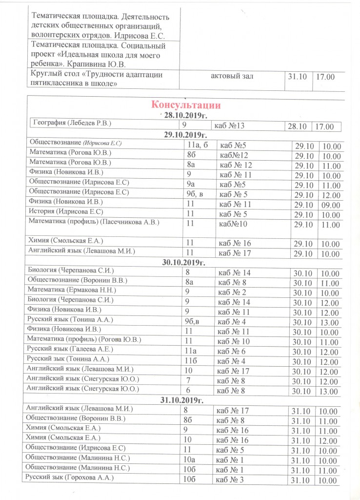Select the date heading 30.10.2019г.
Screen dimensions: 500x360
pyautogui.click(x=181, y=262)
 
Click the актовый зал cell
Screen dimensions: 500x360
pyautogui.click(x=232, y=76)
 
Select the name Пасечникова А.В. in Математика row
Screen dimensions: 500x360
pyautogui.click(x=146, y=222)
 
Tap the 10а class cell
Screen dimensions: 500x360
pyautogui.click(x=190, y=458)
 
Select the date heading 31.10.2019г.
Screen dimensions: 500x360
pyautogui.click(x=181, y=400)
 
